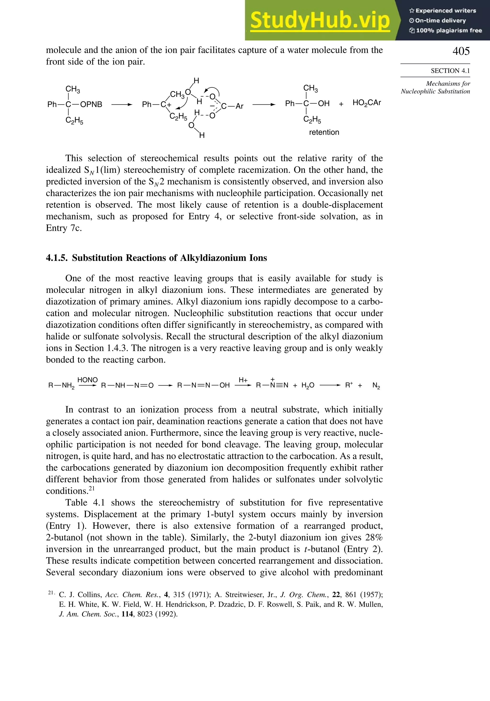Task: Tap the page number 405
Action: coord(461,51)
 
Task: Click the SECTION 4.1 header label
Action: coord(450,71)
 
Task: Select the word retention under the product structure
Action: coord(324,132)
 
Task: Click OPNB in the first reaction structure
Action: coord(91,104)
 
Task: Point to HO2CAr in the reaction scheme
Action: coord(367,103)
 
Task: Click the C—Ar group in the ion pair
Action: coord(232,106)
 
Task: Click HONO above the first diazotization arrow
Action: coord(88,380)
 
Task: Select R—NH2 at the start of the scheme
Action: coord(61,386)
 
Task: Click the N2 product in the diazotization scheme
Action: coord(376,386)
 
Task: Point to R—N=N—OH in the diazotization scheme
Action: coord(203,385)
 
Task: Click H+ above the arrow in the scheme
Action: coord(243,380)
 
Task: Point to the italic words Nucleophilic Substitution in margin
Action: coord(435,91)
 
